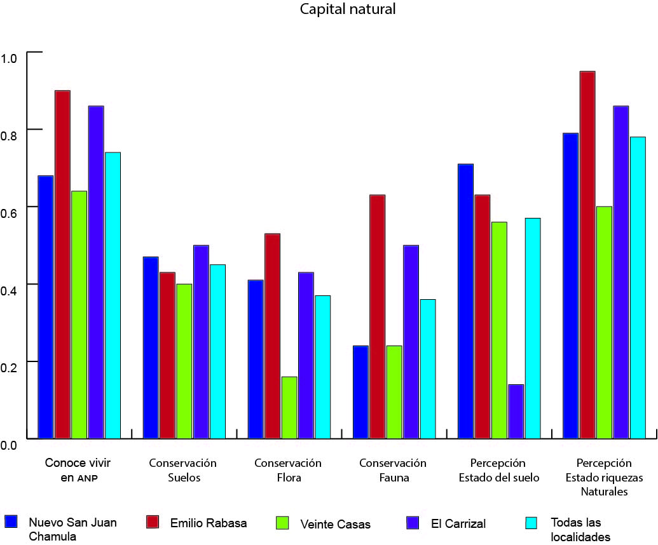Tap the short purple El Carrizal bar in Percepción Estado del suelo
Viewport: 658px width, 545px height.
(516, 411)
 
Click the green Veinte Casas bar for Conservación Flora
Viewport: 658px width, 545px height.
(289, 407)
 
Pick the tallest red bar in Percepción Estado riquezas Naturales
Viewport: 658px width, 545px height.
(587, 255)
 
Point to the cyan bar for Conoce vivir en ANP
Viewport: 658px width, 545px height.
(113, 295)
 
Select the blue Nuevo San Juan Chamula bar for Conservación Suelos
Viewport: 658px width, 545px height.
(151, 347)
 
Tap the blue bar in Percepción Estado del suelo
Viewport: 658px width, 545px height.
(466, 301)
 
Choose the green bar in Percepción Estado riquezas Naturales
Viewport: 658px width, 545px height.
(604, 322)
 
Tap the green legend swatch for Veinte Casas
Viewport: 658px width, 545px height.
(282, 523)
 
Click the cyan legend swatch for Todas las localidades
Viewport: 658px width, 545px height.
(531, 522)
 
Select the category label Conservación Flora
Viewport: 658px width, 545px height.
(288, 470)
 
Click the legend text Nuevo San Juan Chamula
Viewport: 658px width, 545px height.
(72, 529)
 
